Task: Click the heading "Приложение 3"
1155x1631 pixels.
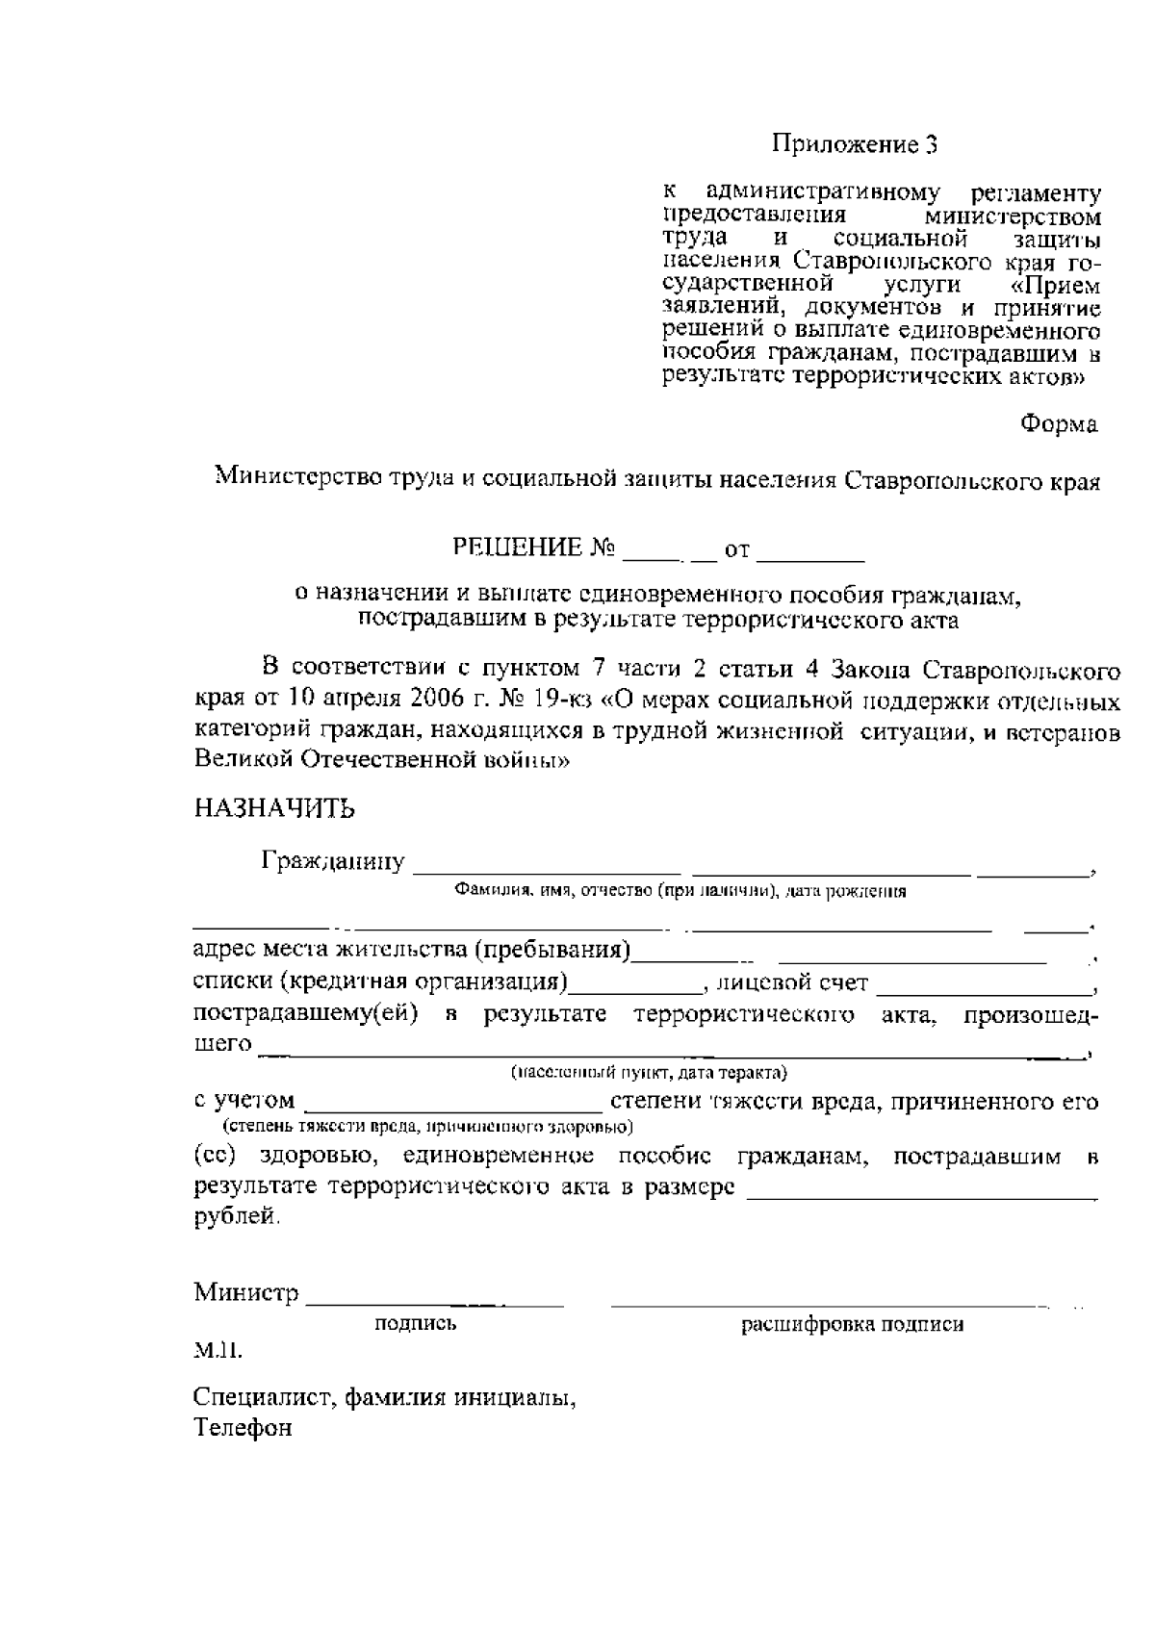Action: pyautogui.click(x=854, y=145)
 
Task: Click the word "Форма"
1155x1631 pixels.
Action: pyautogui.click(x=1059, y=423)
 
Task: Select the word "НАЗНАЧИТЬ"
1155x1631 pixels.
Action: pyautogui.click(x=274, y=808)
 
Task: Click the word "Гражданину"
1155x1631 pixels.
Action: pyautogui.click(x=333, y=861)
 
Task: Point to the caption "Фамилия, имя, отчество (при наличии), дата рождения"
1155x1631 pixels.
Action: pyautogui.click(x=680, y=891)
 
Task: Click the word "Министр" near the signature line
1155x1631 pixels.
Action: pyautogui.click(x=246, y=1292)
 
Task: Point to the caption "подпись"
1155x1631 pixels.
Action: pyautogui.click(x=415, y=1324)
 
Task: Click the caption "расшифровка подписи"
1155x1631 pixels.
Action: pyautogui.click(x=852, y=1325)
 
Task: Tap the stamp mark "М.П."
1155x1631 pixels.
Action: pyautogui.click(x=218, y=1350)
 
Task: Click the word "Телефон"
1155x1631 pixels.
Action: pyautogui.click(x=243, y=1428)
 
